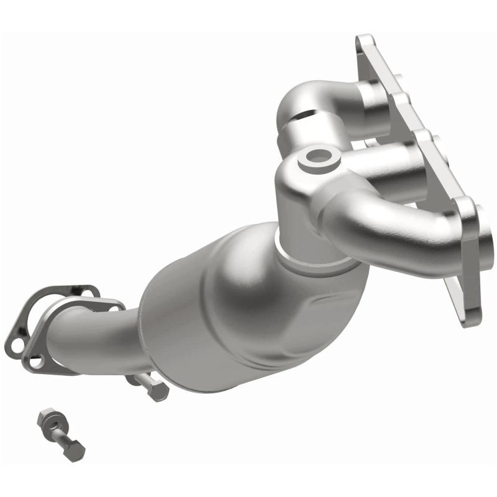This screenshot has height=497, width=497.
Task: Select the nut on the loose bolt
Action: point(47,421)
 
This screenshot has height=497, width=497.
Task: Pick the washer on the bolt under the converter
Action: point(139,379)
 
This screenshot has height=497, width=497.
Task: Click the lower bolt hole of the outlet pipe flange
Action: point(37,361)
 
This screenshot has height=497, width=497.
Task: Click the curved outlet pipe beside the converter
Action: point(93,339)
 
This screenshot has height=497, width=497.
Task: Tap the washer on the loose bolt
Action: point(55,427)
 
